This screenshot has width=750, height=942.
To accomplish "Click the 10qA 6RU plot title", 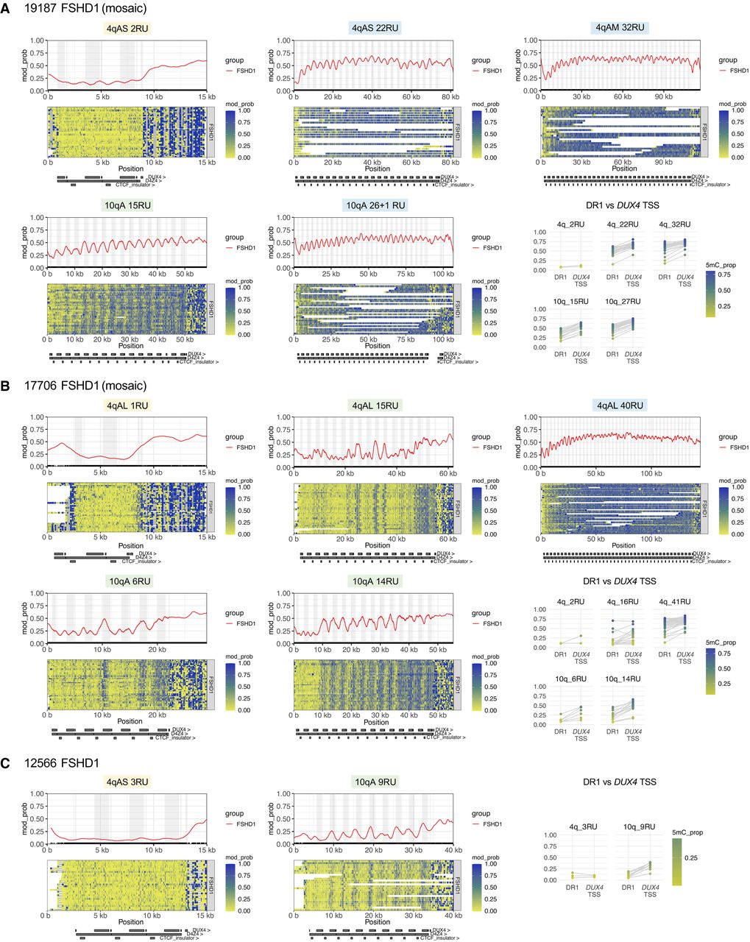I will (x=130, y=581).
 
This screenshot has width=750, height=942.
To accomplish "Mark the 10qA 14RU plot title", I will (x=375, y=581).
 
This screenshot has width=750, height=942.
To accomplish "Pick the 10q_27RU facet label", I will (x=623, y=301).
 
